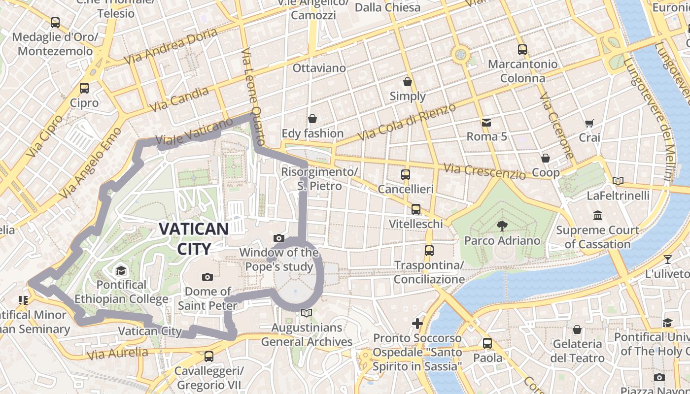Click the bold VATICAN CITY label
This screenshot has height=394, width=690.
tap(194, 239)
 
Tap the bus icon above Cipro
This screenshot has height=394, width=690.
tap(84, 88)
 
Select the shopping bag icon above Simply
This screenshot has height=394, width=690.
tap(408, 81)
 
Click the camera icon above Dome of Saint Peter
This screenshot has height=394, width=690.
tap(207, 277)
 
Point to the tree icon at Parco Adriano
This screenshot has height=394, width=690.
tap(502, 226)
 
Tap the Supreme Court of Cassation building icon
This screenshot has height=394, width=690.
tap(598, 215)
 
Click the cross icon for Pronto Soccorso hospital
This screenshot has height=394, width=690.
tap(417, 323)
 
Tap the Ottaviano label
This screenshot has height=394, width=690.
tap(319, 68)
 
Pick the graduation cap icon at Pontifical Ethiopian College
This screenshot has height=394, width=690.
tap(121, 270)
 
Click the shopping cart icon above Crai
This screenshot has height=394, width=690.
tap(589, 123)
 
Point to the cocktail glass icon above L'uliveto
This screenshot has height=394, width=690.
tap(668, 259)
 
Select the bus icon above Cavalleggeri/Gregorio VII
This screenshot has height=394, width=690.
tap(208, 356)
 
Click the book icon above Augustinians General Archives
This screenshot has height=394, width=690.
tap(307, 313)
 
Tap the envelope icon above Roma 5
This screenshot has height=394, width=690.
tap(486, 122)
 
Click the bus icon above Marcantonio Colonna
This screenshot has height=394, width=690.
tap(522, 49)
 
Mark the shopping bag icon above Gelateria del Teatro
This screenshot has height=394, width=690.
tap(577, 329)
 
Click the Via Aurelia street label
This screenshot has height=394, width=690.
tap(118, 353)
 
